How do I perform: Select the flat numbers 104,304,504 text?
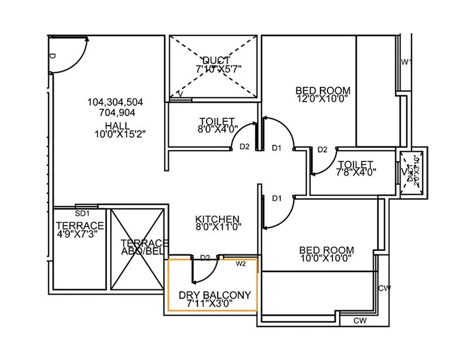point(115,102)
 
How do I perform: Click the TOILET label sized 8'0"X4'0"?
point(217,121)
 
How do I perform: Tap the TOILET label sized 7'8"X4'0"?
point(356,164)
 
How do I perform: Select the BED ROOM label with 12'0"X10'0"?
point(323,90)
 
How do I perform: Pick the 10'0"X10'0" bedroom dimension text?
point(327,258)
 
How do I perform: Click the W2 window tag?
point(241,264)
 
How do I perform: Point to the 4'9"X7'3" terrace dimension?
point(79,234)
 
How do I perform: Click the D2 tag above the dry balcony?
point(205,257)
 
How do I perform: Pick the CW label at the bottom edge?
point(361,321)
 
